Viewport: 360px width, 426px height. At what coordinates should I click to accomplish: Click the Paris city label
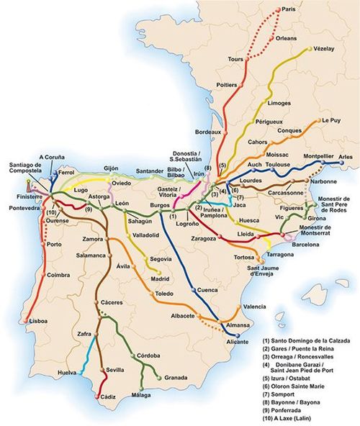click(289, 9)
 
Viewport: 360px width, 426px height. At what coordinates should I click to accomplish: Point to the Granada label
click(176, 377)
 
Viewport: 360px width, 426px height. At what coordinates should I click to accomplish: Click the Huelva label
click(68, 372)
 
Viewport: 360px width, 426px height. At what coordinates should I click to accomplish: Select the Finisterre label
click(19, 195)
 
